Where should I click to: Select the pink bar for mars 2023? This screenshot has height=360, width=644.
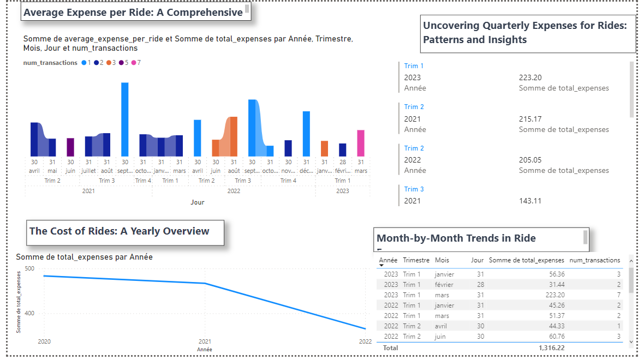click(361, 143)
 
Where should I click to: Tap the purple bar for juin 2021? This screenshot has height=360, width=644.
click(70, 147)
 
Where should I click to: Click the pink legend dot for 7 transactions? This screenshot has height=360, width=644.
click(133, 63)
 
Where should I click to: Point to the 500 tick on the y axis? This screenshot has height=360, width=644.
click(29, 268)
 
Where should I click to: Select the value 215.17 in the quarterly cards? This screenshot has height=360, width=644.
click(530, 119)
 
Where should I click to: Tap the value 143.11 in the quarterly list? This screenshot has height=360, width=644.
click(530, 201)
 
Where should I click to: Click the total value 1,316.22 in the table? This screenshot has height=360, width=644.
click(551, 347)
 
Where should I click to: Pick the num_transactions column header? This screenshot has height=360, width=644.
click(594, 260)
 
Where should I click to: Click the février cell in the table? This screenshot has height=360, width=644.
click(444, 285)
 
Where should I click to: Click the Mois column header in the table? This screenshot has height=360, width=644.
click(442, 260)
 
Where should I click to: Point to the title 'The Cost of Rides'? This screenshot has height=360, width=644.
click(119, 231)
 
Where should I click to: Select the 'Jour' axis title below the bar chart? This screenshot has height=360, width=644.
click(198, 202)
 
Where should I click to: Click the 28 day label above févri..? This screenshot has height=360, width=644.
click(342, 162)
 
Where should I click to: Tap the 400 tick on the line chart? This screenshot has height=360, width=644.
click(29, 313)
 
